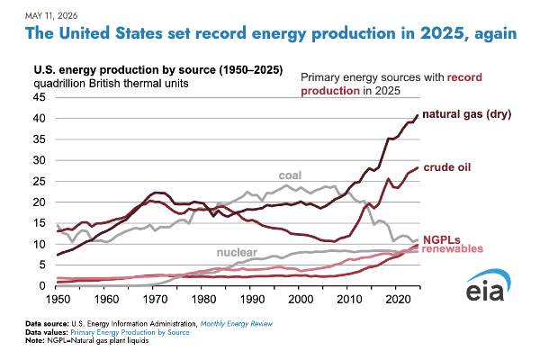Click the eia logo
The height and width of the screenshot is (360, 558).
click(488, 285)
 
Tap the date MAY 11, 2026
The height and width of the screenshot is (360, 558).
click(51, 16)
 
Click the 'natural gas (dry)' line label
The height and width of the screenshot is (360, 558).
click(466, 114)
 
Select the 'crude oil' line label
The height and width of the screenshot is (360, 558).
click(447, 167)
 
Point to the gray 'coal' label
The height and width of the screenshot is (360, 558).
click(290, 175)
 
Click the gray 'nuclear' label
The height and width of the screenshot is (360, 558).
click(237, 252)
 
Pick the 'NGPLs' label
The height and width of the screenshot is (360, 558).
click(442, 239)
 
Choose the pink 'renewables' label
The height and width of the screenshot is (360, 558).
click(453, 248)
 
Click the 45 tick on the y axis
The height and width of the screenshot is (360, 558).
click(40, 97)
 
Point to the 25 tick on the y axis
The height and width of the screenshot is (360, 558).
click(40, 181)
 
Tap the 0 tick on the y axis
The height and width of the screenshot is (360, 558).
click(42, 285)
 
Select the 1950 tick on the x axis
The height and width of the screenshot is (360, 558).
click(58, 299)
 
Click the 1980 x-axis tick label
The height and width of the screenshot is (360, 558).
click(203, 299)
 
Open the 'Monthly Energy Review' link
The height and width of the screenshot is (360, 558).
click(237, 324)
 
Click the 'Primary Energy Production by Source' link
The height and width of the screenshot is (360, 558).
click(130, 332)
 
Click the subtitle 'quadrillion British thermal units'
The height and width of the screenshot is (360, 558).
click(111, 84)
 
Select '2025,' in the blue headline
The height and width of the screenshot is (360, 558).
click(444, 33)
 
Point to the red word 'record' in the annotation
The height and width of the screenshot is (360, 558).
click(464, 77)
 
